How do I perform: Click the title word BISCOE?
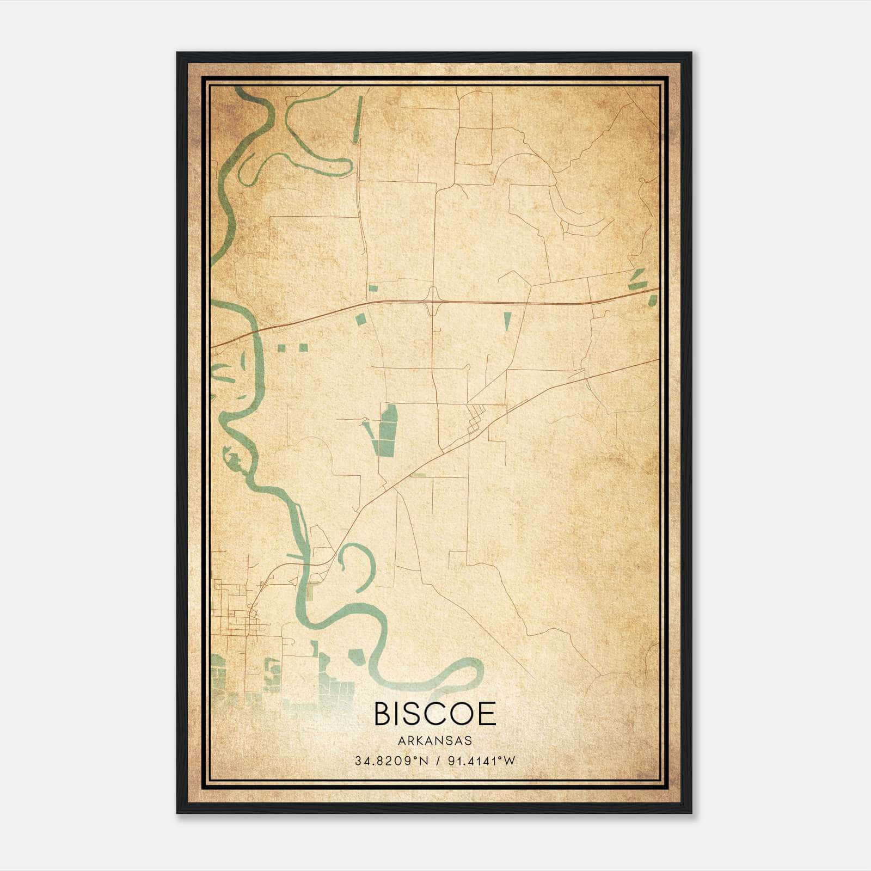435,714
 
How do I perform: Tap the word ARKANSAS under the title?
435,741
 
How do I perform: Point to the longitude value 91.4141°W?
481,761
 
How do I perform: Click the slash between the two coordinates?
436,761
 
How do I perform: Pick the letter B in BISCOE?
382,714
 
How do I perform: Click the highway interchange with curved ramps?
434,300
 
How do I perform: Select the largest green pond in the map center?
388,430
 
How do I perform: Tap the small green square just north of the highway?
373,288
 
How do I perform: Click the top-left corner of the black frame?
177,53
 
